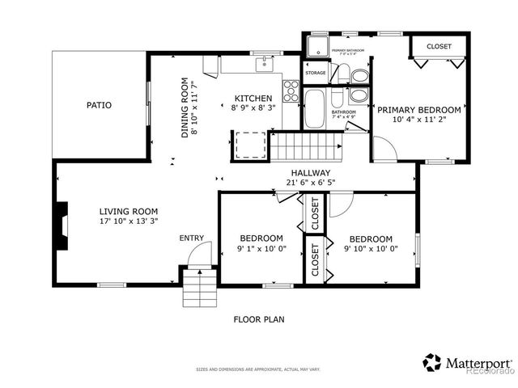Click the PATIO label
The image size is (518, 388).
click(x=100, y=105)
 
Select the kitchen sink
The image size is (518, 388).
click(x=264, y=62)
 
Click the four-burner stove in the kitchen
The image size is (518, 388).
click(x=291, y=87)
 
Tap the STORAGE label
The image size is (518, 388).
click(x=316, y=74)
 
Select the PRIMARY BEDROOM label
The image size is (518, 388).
click(x=418, y=110)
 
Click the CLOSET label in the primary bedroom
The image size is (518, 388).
click(x=439, y=47)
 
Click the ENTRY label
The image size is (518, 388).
click(x=192, y=238)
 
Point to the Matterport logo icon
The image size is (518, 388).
click(x=431, y=362)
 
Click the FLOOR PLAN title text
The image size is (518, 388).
click(x=259, y=319)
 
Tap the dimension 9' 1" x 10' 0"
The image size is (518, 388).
click(x=261, y=249)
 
